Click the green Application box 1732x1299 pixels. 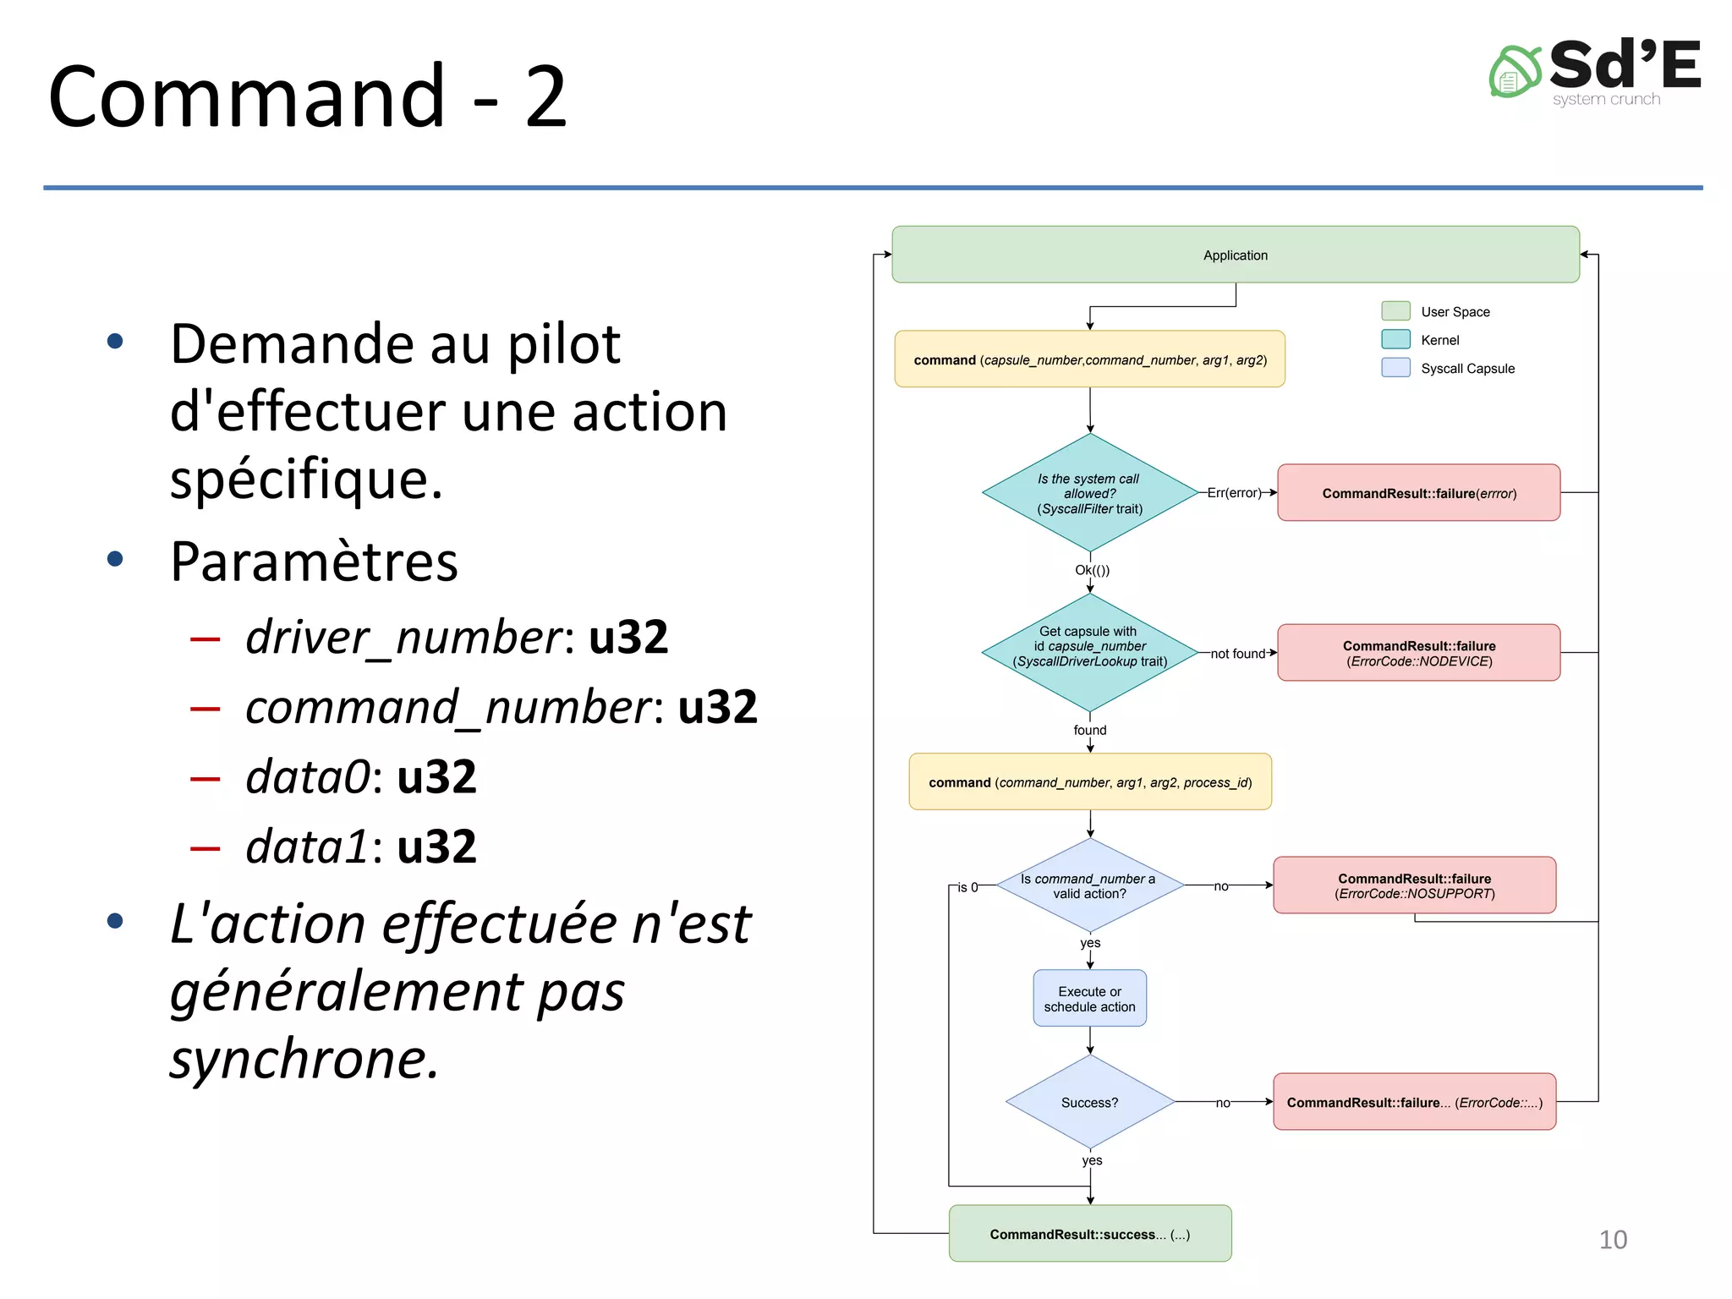(1235, 255)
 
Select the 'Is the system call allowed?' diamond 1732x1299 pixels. (1089, 493)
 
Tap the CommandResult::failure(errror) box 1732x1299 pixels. (1418, 493)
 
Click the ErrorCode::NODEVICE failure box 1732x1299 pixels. (1418, 653)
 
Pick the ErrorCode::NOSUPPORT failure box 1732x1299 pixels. (1414, 885)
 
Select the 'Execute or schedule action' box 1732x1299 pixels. (1089, 999)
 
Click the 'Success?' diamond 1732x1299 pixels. (1089, 1102)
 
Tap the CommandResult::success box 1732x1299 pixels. (1089, 1234)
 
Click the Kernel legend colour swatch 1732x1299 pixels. (1395, 340)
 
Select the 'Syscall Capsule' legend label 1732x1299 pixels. (1467, 369)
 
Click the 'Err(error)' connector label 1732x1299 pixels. (1233, 493)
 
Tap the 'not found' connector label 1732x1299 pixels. (1237, 654)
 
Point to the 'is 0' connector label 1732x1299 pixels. (967, 887)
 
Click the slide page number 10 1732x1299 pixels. (1612, 1240)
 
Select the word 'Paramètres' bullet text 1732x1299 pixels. (314, 562)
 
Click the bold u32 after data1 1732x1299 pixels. (436, 847)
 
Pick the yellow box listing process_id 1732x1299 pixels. (1089, 782)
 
